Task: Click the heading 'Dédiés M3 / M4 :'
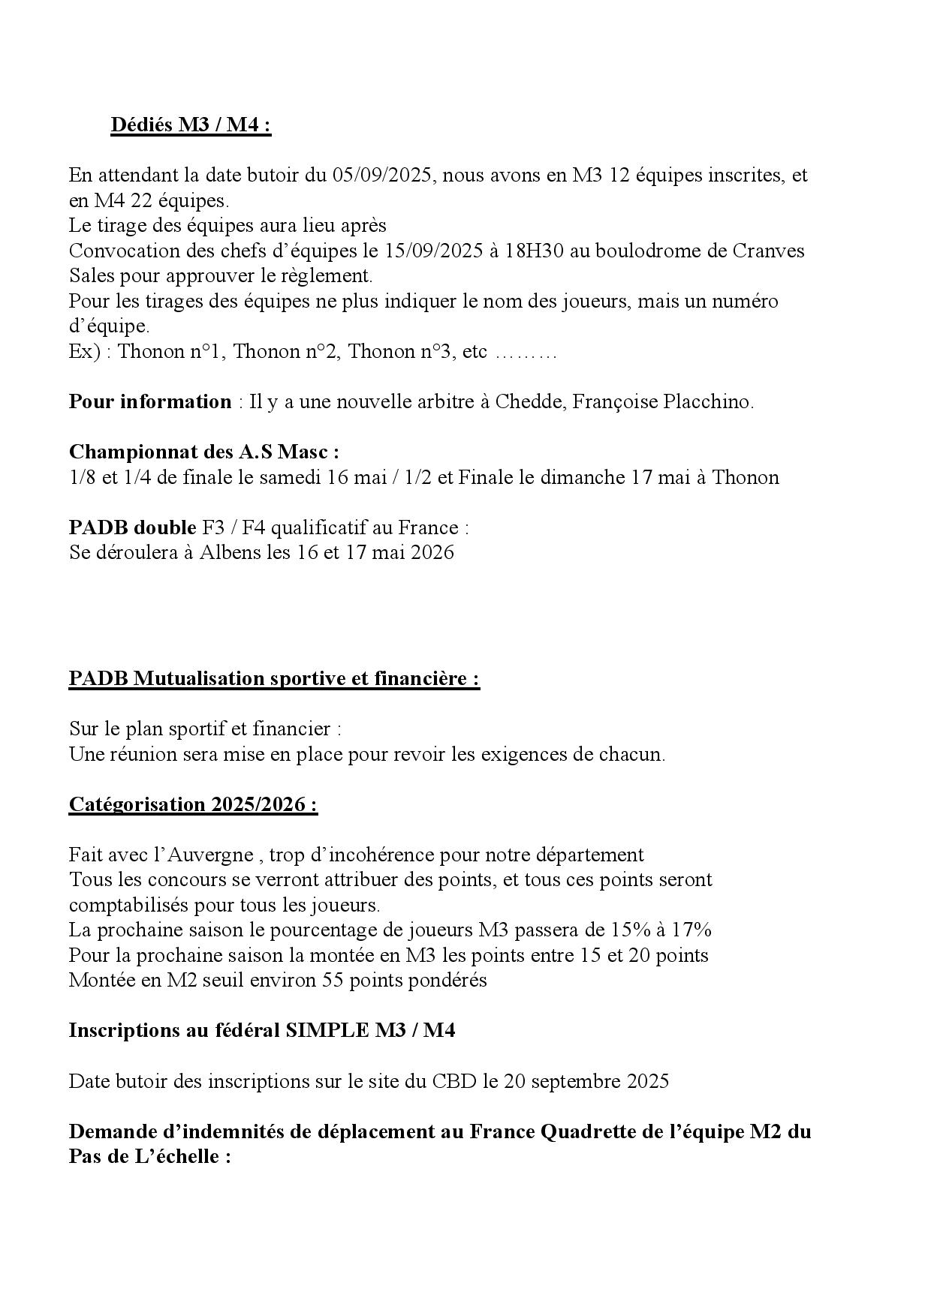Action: click(x=191, y=125)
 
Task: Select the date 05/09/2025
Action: click(x=382, y=176)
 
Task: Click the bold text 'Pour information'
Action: click(x=150, y=401)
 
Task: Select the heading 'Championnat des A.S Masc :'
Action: click(x=203, y=452)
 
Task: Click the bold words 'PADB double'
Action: click(x=132, y=527)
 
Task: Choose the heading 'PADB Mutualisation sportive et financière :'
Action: click(x=274, y=678)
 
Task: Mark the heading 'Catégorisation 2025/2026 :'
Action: click(x=193, y=804)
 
